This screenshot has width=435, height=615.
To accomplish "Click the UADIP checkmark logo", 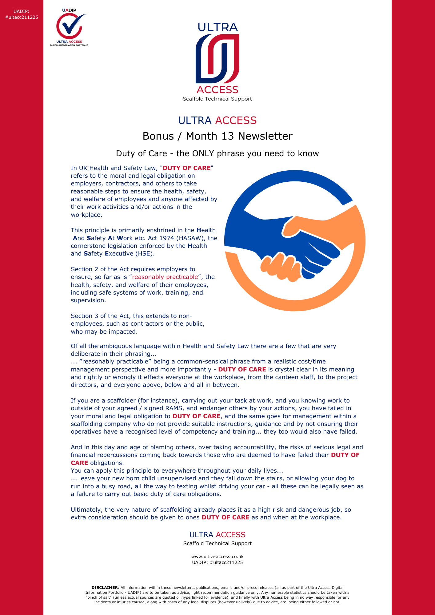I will click(x=69, y=26).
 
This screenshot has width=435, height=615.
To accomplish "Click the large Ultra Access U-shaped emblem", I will click(x=217, y=58).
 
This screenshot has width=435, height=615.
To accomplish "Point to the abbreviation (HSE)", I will click(x=144, y=254).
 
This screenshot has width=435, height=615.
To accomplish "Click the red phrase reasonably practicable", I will click(x=165, y=277).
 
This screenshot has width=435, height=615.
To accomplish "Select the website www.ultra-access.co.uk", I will click(x=217, y=557).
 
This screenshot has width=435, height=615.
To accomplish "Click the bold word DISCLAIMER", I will click(x=105, y=588).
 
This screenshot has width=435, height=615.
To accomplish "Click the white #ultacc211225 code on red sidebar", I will click(x=22, y=17).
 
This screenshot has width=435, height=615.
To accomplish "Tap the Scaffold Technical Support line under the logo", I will click(x=217, y=99).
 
